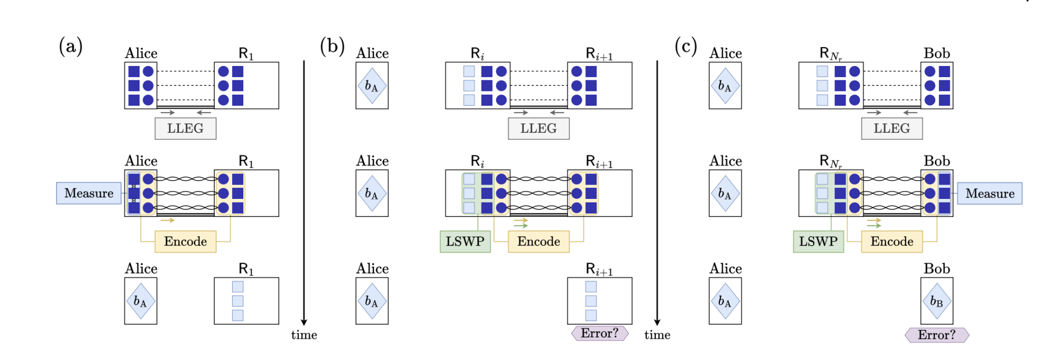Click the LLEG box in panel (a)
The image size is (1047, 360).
185,128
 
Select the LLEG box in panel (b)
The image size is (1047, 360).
538,128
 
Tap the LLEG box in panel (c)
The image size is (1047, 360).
892,128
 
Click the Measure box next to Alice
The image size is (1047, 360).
89,193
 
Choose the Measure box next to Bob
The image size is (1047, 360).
989,193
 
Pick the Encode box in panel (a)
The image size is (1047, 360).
185,241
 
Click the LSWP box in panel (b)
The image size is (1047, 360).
465,241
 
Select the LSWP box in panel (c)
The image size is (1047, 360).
818,241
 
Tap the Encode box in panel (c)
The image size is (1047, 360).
892,241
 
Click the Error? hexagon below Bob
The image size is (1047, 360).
937,335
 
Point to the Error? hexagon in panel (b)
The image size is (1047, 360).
600,333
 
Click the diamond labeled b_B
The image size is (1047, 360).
937,301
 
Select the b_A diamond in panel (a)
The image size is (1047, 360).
141,301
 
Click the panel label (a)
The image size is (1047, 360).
71,46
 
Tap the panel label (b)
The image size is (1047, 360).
332,46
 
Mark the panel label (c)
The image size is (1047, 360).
686,46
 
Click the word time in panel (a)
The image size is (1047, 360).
304,335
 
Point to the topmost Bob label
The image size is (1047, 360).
937,53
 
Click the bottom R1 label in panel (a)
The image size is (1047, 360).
246,269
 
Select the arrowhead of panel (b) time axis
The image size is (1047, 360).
657,322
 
